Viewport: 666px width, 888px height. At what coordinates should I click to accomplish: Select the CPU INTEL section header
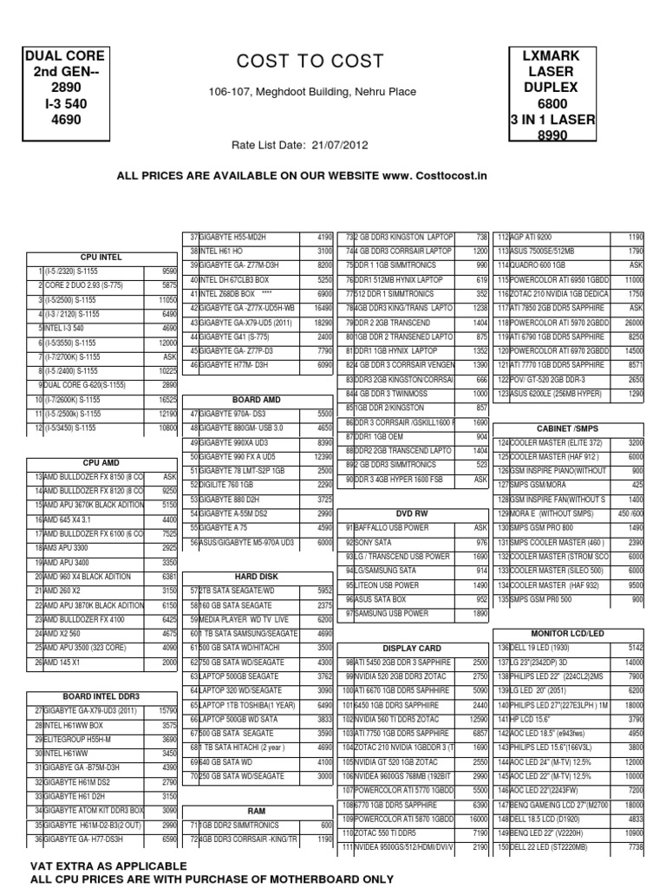tap(101, 257)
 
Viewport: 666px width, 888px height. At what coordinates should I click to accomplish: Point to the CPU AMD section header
tap(101, 464)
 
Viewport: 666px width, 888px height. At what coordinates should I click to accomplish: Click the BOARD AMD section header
tap(258, 400)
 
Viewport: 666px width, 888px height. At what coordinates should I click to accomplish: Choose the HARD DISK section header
tap(258, 576)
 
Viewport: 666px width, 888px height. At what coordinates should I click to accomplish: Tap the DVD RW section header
tap(412, 513)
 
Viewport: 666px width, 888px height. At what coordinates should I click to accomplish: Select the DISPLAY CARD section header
tap(412, 648)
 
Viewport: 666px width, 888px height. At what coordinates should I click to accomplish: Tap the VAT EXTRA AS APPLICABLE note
tap(108, 865)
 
